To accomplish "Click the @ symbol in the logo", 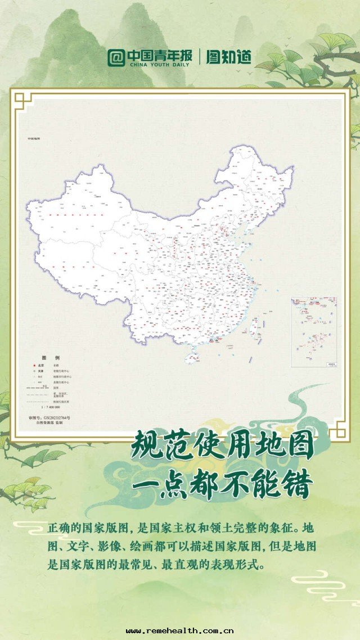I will click(116, 57).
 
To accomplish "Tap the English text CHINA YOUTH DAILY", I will click(160, 65).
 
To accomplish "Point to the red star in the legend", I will click(34, 365).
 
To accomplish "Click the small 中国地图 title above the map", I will click(34, 138).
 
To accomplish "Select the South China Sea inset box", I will click(314, 332).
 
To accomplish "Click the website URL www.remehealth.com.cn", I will click(180, 631).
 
